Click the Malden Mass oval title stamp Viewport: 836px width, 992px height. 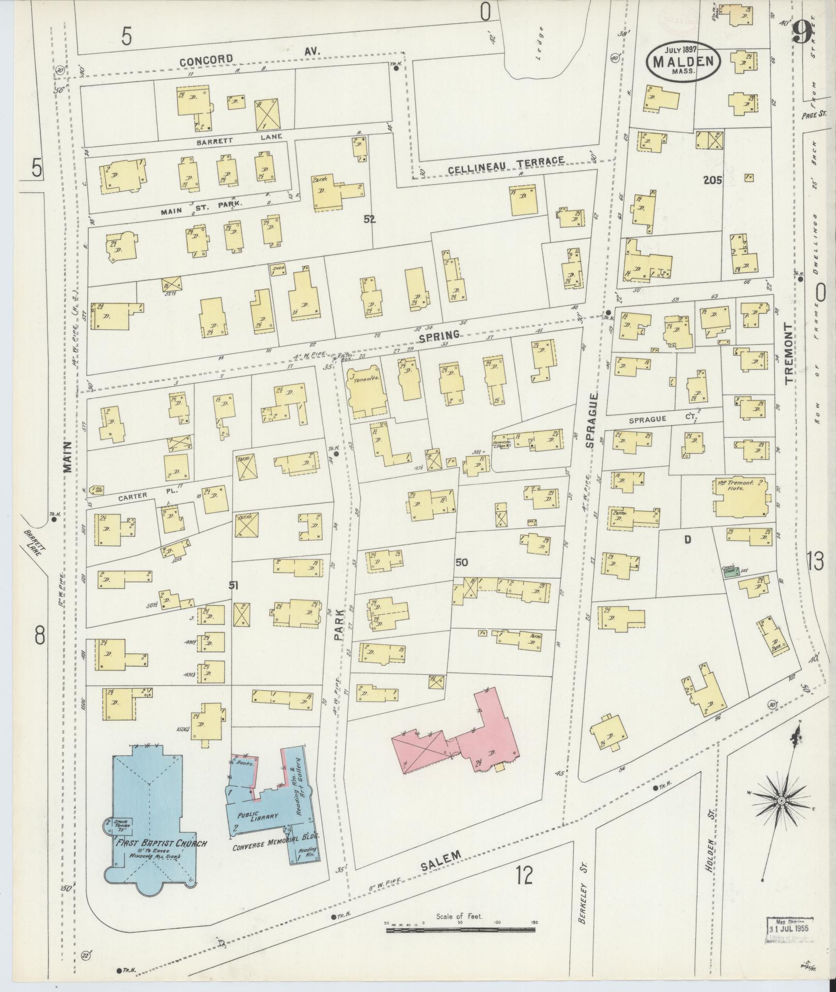coord(683,61)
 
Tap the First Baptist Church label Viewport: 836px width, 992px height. coord(161,843)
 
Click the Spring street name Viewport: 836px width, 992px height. coord(439,336)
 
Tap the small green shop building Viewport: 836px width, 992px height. coord(730,572)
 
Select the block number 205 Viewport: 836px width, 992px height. coord(713,180)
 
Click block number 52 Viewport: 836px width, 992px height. coord(369,219)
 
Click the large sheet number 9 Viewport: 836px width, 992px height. coord(802,34)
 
